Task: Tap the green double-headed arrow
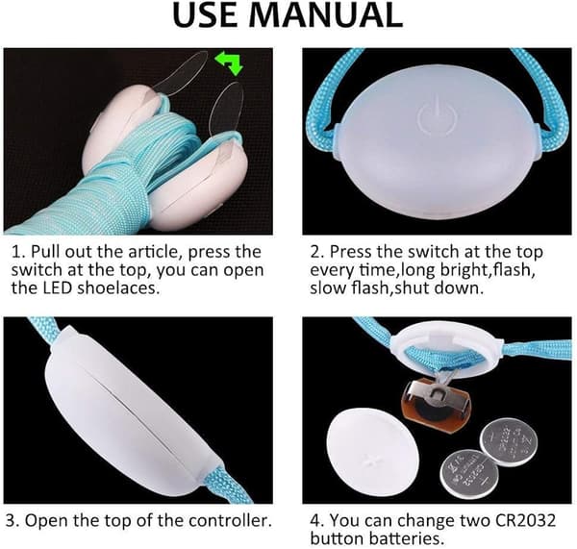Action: [x=229, y=62]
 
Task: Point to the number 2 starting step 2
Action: [x=316, y=252]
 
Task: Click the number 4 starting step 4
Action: [x=316, y=521]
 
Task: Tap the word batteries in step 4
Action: [x=407, y=538]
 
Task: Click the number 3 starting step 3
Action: [x=11, y=521]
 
